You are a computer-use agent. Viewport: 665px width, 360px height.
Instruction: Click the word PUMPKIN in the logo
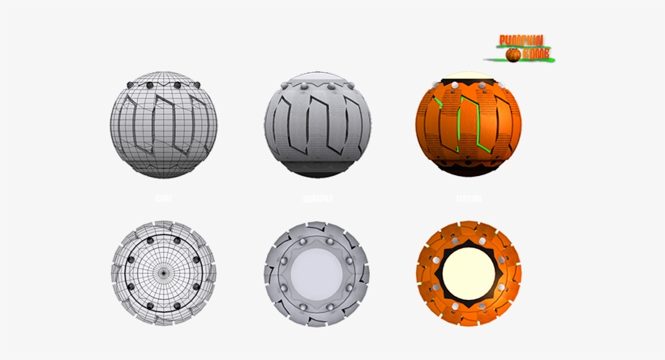521,41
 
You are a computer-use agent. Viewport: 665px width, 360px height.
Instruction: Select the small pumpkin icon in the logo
513,54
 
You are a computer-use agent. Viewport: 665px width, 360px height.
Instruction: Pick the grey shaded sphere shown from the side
316,128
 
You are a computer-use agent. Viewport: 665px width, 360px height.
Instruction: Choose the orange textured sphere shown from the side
469,128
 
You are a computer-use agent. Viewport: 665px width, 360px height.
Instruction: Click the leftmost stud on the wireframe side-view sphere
132,84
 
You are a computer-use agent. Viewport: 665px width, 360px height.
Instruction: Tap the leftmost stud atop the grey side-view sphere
285,84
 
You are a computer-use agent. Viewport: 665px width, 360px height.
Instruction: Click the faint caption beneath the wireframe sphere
163,198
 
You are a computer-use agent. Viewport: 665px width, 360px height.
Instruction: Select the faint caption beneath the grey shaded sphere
316,198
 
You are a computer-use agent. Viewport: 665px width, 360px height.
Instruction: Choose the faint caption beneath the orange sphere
469,198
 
